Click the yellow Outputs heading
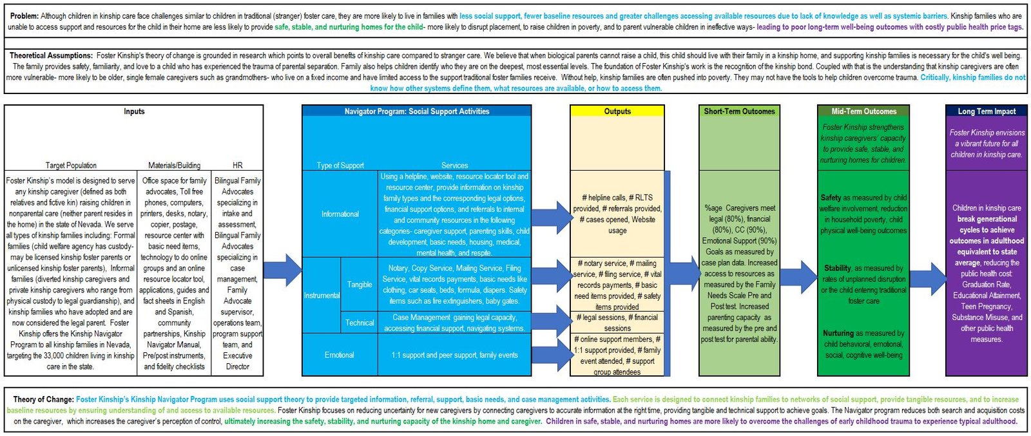[617, 111]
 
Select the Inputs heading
[134, 111]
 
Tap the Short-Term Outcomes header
[739, 111]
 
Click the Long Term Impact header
[986, 111]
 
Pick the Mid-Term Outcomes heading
[863, 111]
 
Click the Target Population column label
[71, 166]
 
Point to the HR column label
[237, 166]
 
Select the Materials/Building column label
[174, 166]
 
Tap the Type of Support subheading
[340, 166]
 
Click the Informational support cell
[340, 214]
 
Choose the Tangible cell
[360, 284]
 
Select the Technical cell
[360, 323]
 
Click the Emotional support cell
[339, 355]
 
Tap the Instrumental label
[322, 296]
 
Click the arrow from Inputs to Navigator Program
[282, 270]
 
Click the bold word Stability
[837, 268]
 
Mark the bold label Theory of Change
[43, 399]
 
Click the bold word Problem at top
[24, 16]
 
